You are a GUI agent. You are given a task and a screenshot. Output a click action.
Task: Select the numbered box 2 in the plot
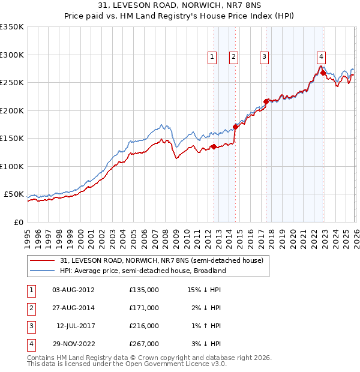pos(233,57)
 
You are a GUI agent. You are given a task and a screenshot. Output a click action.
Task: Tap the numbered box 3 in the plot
pos(264,57)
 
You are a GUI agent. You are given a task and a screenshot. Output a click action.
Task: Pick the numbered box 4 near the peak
pos(322,56)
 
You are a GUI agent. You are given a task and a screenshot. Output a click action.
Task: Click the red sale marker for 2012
pos(214,146)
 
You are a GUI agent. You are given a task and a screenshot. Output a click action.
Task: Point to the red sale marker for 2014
pos(235,127)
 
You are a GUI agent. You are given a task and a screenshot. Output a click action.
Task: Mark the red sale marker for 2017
pos(266,101)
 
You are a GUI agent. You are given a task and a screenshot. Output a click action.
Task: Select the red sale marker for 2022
pos(323,73)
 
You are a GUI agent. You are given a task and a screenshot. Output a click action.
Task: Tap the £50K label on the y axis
pos(14,194)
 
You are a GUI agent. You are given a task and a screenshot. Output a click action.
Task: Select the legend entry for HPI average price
pos(142,271)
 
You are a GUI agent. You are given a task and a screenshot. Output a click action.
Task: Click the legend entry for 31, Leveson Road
pos(161,260)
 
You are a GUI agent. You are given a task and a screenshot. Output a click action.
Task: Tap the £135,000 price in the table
pos(144,290)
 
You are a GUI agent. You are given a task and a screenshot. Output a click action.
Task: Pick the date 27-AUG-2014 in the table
pos(73,308)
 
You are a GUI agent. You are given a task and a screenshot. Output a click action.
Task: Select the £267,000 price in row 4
pos(144,344)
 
